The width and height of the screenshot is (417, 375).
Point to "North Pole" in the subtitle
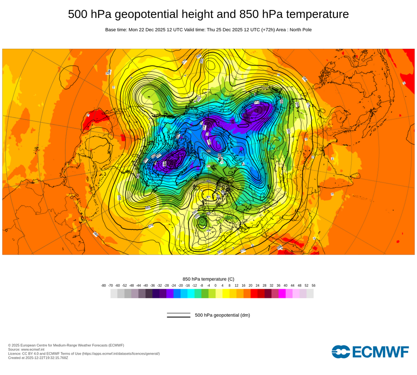[x=299, y=30]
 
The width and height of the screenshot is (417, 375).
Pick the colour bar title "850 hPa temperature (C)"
[x=208, y=279]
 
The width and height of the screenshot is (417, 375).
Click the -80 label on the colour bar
[x=103, y=285]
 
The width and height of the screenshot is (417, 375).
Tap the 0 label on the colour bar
[x=216, y=285]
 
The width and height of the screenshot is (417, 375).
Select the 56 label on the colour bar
[x=314, y=285]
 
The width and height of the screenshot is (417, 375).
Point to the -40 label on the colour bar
[x=146, y=285]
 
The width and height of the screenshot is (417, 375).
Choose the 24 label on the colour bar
[x=258, y=285]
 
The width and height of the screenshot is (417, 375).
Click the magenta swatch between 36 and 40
[x=282, y=294]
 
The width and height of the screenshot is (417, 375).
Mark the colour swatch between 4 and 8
[x=226, y=294]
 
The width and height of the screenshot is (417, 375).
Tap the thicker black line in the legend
[x=178, y=317]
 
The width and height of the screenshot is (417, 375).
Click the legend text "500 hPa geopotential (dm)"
[x=222, y=315]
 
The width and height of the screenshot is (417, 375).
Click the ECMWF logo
[x=370, y=352]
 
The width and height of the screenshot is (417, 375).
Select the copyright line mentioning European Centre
[x=66, y=345]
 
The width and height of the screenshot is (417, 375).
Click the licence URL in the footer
[x=121, y=353]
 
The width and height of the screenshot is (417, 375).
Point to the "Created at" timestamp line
[x=38, y=357]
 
